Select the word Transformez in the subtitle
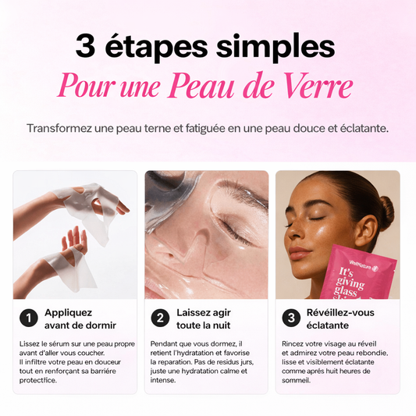coord(61,127)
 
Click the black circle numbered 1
coord(27,318)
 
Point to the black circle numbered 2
coord(159,318)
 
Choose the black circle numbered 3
coord(290,318)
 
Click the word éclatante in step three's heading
coord(327,325)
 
